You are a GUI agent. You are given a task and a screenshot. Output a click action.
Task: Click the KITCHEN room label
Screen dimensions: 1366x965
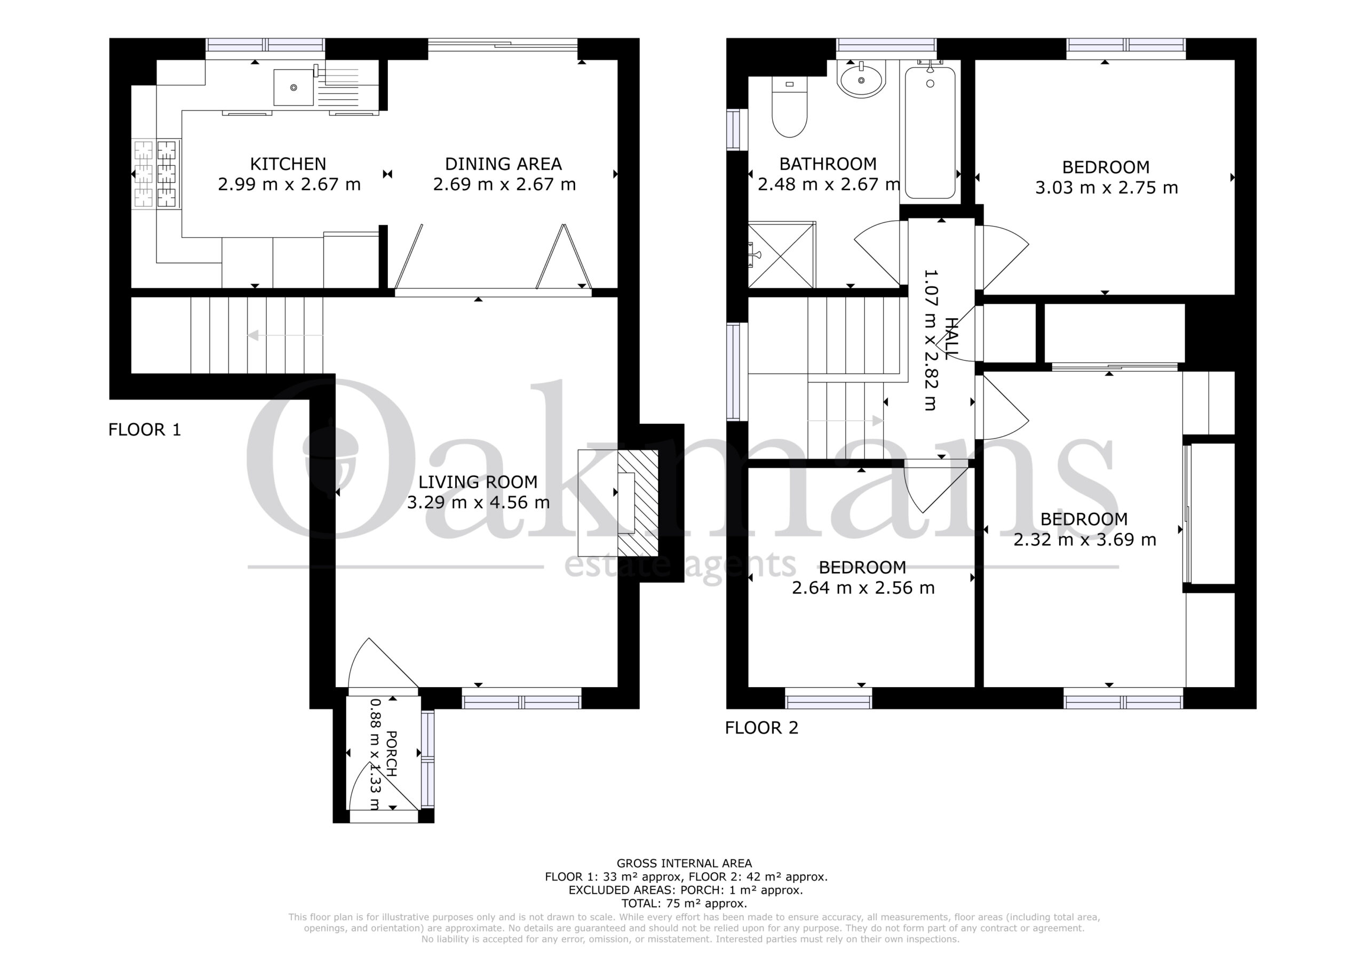point(288,164)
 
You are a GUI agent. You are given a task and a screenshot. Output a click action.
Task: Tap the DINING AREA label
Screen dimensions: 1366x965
point(503,164)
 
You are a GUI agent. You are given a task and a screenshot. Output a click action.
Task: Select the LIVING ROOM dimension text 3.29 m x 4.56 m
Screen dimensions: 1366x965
point(478,502)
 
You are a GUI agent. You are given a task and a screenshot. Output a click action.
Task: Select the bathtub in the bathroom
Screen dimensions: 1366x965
point(930,132)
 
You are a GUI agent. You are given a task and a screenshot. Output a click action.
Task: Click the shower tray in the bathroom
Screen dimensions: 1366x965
point(782,254)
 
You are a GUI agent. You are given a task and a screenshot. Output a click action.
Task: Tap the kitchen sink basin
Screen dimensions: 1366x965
point(293,87)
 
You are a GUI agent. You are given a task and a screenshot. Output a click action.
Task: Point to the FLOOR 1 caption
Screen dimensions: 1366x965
point(145,429)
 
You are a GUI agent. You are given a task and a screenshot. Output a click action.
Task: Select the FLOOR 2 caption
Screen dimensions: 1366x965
point(761,727)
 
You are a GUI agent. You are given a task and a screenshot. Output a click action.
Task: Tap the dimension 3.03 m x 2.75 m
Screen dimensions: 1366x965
point(1107,188)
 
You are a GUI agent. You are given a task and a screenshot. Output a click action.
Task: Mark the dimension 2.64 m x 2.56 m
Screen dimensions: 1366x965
point(863,588)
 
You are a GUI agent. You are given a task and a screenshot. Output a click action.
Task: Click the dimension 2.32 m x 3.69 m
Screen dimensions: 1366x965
point(1085,540)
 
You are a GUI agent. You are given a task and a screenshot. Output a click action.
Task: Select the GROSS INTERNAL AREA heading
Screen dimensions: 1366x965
point(684,863)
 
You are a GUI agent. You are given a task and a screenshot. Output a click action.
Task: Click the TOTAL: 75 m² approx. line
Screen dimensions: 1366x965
point(684,904)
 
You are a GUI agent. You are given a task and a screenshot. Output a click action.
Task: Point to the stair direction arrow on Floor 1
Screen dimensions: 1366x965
point(285,335)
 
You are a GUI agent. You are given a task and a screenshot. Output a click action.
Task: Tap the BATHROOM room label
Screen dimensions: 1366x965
point(828,164)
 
